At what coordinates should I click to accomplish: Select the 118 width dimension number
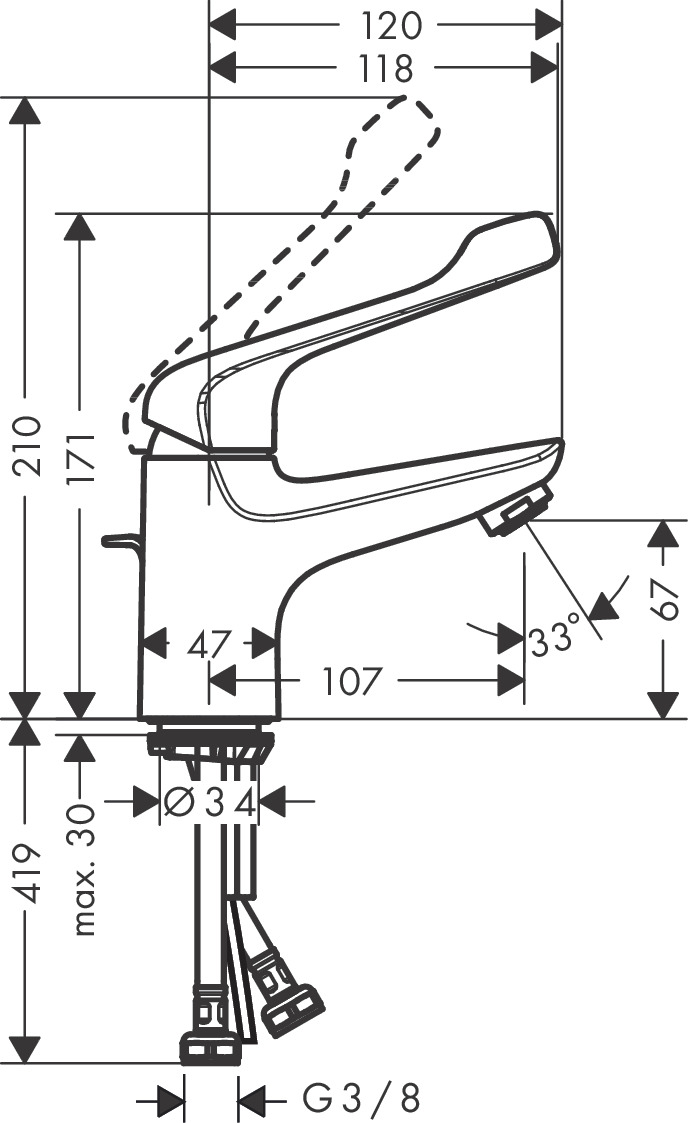tap(387, 69)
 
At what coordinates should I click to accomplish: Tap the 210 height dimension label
tap(28, 445)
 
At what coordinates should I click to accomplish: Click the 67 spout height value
tap(664, 599)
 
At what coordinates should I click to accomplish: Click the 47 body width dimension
tap(210, 645)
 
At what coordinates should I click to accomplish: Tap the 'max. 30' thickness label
tap(83, 870)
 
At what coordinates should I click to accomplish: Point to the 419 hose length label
tap(28, 874)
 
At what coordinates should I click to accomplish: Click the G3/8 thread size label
tap(361, 1097)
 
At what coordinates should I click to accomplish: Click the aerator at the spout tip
tap(517, 509)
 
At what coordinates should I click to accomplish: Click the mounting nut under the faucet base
tap(210, 743)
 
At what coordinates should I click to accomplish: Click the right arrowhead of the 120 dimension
tap(547, 26)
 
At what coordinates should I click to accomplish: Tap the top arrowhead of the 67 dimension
tap(664, 534)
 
